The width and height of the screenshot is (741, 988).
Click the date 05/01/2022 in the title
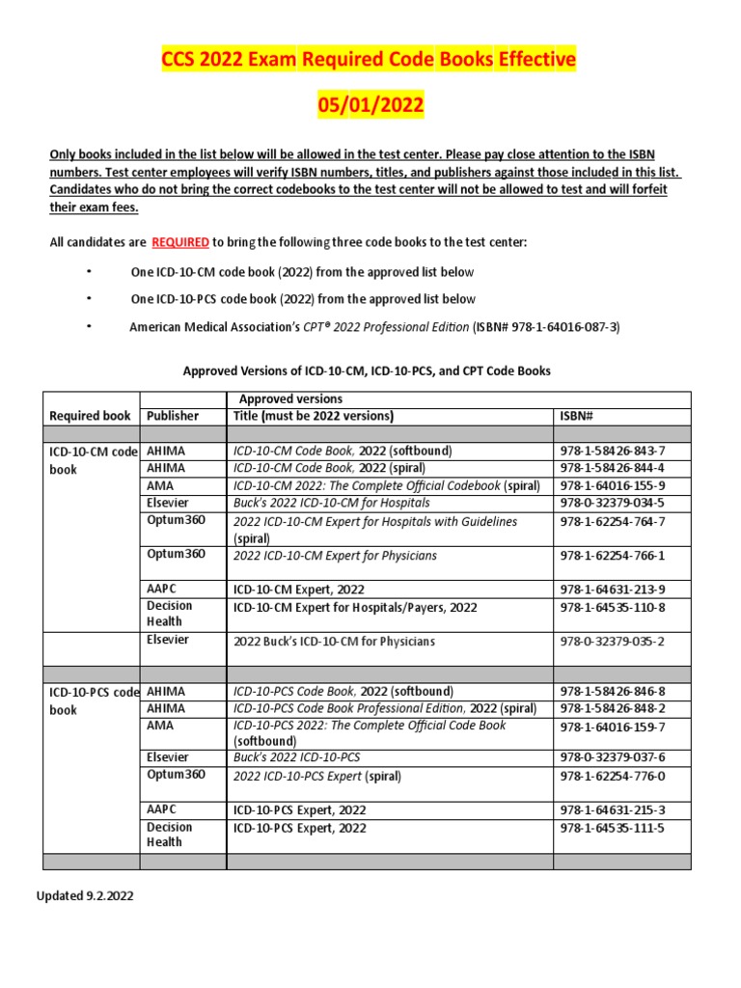point(370,104)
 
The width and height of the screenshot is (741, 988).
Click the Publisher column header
point(173,416)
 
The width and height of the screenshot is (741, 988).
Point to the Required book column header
point(90,416)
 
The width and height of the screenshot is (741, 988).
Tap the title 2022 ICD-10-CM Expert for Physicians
point(335,556)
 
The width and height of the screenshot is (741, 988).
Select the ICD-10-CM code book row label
point(93,460)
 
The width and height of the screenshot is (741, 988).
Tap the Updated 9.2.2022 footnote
point(85,895)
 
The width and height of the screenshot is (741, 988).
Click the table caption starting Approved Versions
point(367,370)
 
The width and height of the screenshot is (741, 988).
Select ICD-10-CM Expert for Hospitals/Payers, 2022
point(355,607)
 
